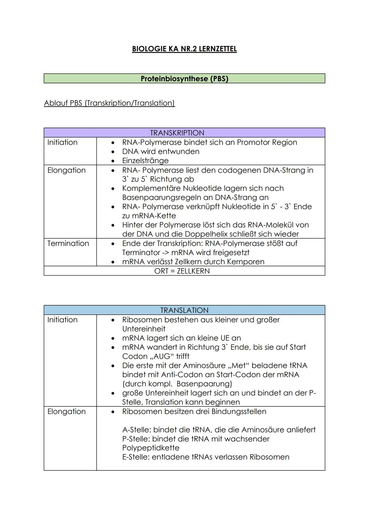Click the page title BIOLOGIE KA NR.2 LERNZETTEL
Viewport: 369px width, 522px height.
[x=184, y=49]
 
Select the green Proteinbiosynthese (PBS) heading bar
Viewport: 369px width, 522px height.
[x=184, y=79]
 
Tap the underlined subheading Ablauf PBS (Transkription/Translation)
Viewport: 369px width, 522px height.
[x=109, y=103]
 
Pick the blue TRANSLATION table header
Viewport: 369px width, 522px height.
[x=184, y=310]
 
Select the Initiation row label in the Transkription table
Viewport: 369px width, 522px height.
[x=63, y=143]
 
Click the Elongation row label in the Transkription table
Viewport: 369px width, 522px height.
[x=67, y=170]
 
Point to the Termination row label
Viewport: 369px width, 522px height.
[x=68, y=243]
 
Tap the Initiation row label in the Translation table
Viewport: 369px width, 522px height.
[x=63, y=320]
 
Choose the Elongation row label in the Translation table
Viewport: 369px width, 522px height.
[x=67, y=411]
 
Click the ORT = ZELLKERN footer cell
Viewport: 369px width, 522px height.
[x=182, y=271]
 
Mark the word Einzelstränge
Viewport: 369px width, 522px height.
[x=145, y=161]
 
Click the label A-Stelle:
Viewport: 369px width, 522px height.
[x=136, y=430]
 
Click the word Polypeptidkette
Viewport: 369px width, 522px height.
[x=151, y=448]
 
